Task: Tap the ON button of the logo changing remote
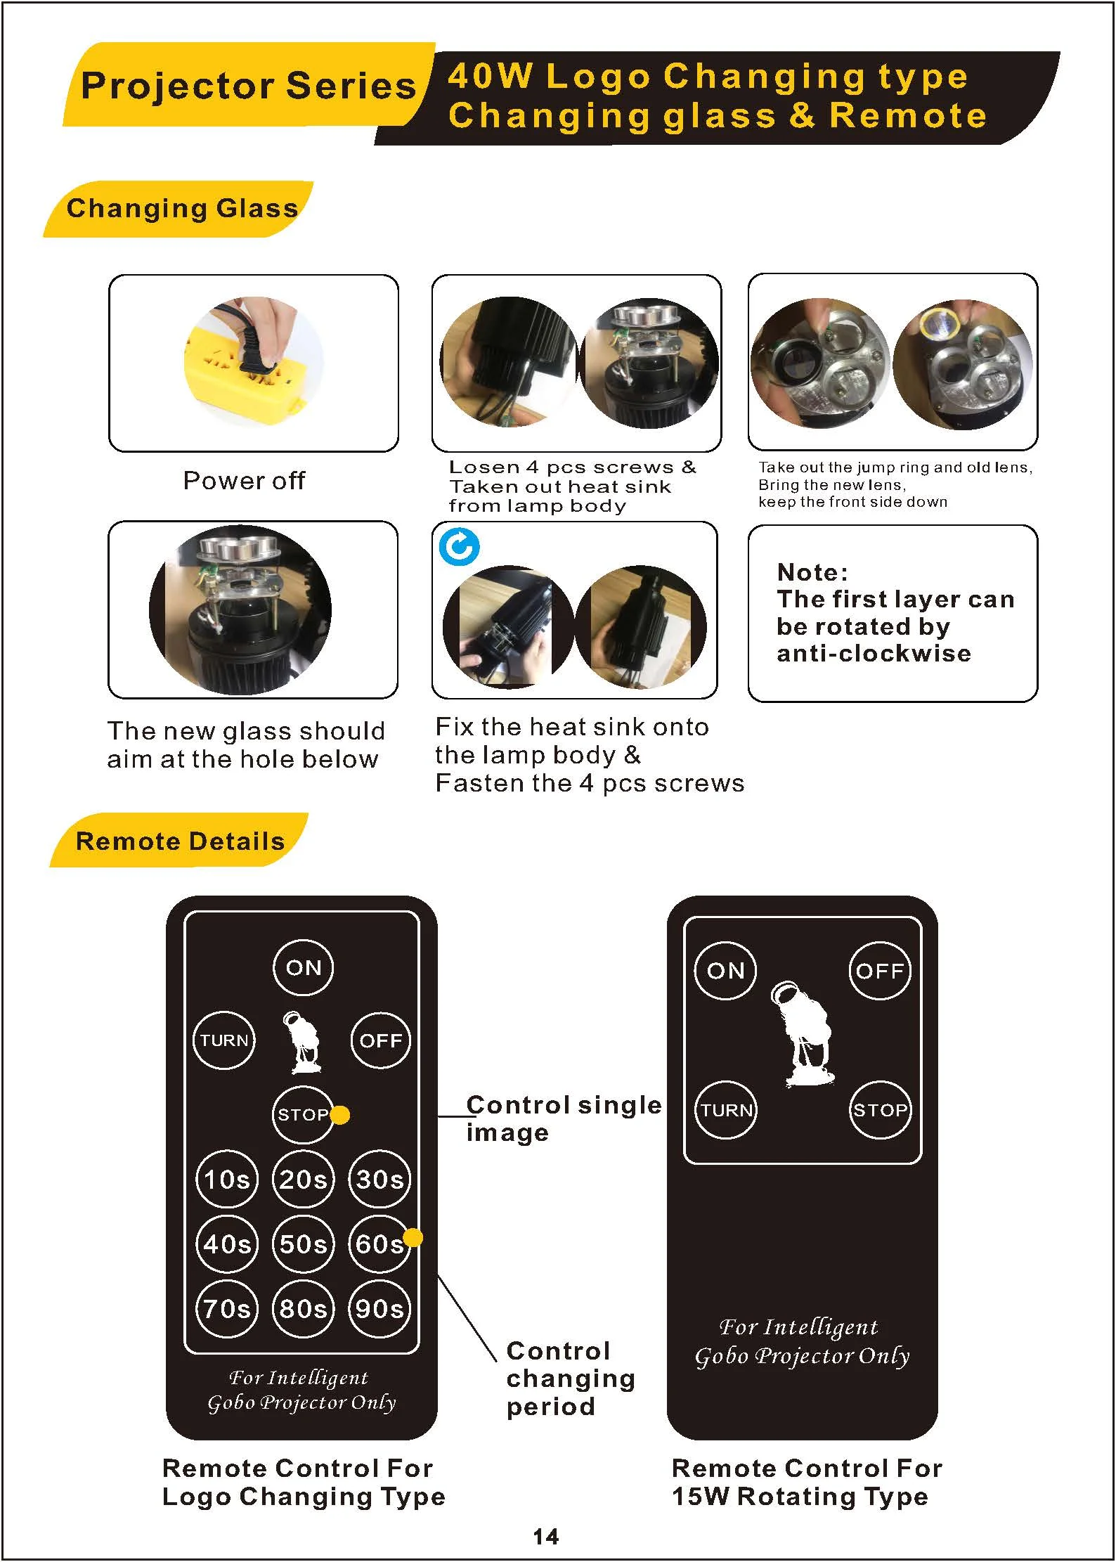click(x=304, y=968)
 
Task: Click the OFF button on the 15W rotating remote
click(x=880, y=971)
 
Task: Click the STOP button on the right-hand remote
click(x=880, y=1110)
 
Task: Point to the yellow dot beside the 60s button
click(x=413, y=1238)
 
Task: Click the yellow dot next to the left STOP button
click(x=340, y=1115)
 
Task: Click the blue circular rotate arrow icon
click(x=460, y=546)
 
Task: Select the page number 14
click(x=546, y=1537)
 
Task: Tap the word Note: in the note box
click(x=812, y=572)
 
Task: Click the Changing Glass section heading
click(x=182, y=209)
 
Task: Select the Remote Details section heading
click(x=180, y=841)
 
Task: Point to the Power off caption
click(x=244, y=480)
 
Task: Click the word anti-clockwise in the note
click(x=874, y=653)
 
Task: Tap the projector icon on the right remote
click(x=803, y=1034)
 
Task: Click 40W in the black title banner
click(x=490, y=76)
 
